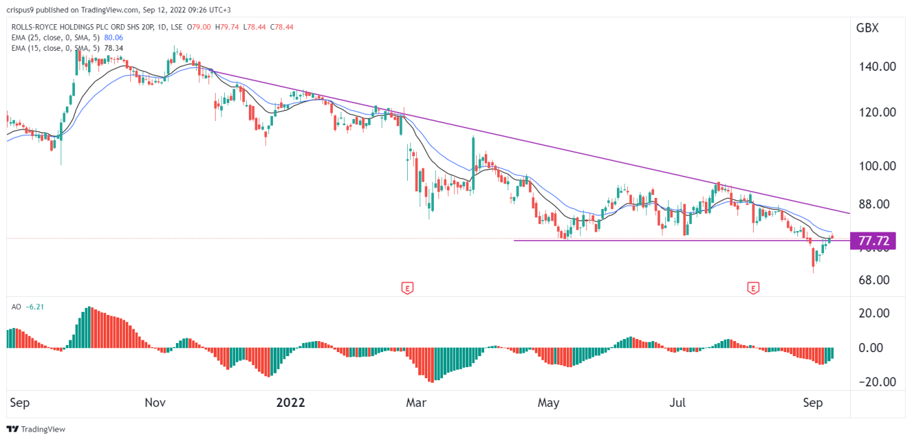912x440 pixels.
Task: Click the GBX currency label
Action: [x=867, y=28]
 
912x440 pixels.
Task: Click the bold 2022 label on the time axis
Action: [x=291, y=403]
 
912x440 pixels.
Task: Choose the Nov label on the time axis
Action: [x=155, y=403]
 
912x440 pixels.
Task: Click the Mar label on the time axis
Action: [x=416, y=403]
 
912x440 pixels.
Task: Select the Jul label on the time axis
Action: [x=677, y=403]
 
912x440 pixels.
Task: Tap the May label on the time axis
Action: [x=549, y=403]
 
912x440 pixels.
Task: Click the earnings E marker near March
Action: [x=407, y=288]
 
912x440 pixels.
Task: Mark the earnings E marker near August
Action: [x=754, y=288]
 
